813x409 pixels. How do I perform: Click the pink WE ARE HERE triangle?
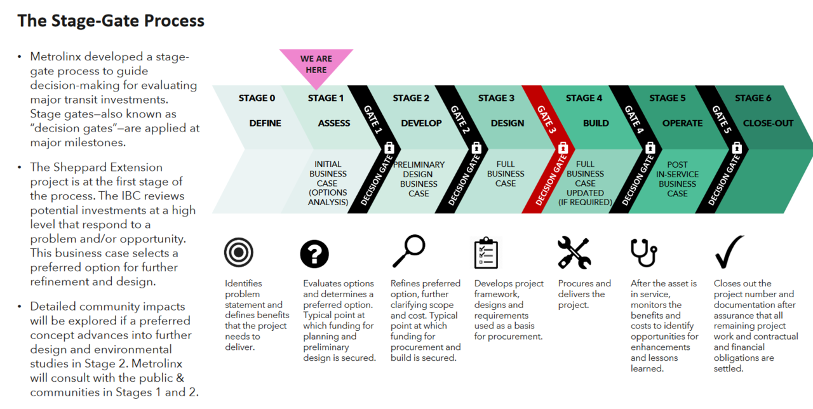pyautogui.click(x=316, y=65)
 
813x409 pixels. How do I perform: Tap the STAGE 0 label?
pyautogui.click(x=257, y=98)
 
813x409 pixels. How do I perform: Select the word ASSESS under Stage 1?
pyautogui.click(x=333, y=123)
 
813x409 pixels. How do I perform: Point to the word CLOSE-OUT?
pyautogui.click(x=768, y=123)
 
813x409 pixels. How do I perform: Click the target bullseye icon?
pyautogui.click(x=239, y=253)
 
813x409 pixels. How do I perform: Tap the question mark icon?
pyautogui.click(x=315, y=255)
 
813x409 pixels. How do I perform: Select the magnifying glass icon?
pyautogui.click(x=408, y=251)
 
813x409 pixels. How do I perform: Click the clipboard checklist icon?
pyautogui.click(x=487, y=253)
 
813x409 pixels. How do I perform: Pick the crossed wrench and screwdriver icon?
pyautogui.click(x=574, y=253)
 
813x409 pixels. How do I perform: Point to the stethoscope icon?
pyautogui.click(x=643, y=253)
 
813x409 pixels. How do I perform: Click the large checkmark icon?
pyautogui.click(x=729, y=252)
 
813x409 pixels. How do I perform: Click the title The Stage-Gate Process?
pyautogui.click(x=111, y=21)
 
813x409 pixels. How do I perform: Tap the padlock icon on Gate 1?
pyautogui.click(x=389, y=148)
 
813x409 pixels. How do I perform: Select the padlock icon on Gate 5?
pyautogui.click(x=737, y=148)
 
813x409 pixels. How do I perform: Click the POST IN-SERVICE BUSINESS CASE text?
pyautogui.click(x=677, y=179)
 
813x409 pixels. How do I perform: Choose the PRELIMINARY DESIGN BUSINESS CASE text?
pyautogui.click(x=419, y=179)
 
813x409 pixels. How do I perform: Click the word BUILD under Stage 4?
pyautogui.click(x=596, y=123)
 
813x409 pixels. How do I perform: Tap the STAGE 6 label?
pyautogui.click(x=753, y=98)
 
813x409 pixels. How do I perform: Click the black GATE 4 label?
pyautogui.click(x=633, y=119)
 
